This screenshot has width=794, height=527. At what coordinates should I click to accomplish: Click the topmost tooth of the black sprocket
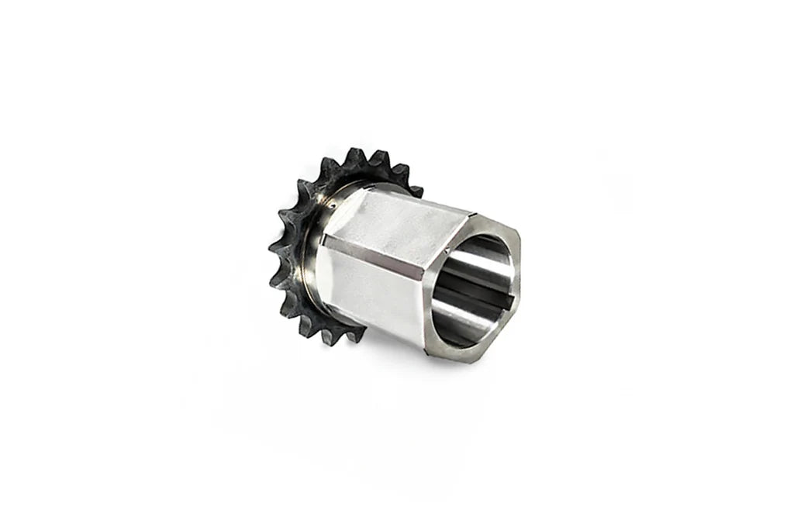pyautogui.click(x=356, y=154)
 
